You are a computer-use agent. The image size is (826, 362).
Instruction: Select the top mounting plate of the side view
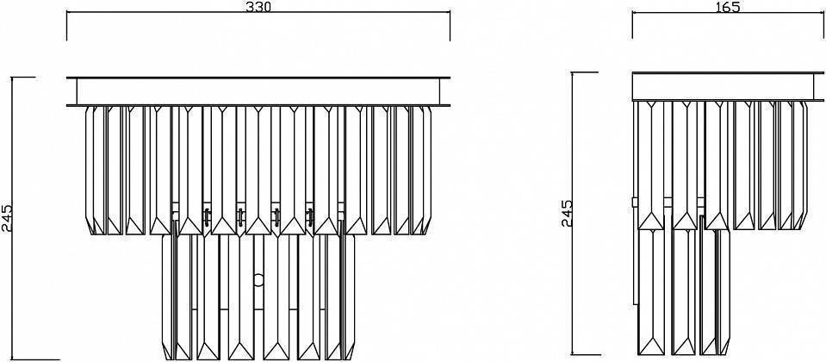[728, 86]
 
